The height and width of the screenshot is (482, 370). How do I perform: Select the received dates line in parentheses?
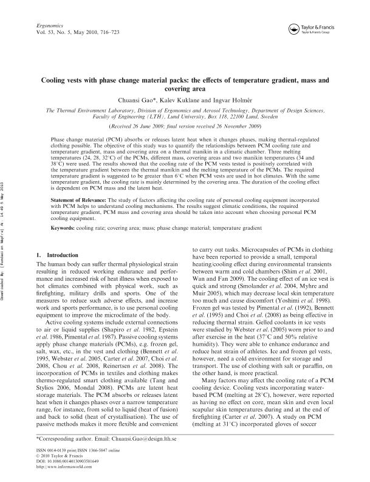point(185,126)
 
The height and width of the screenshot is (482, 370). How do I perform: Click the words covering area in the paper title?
point(185,88)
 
